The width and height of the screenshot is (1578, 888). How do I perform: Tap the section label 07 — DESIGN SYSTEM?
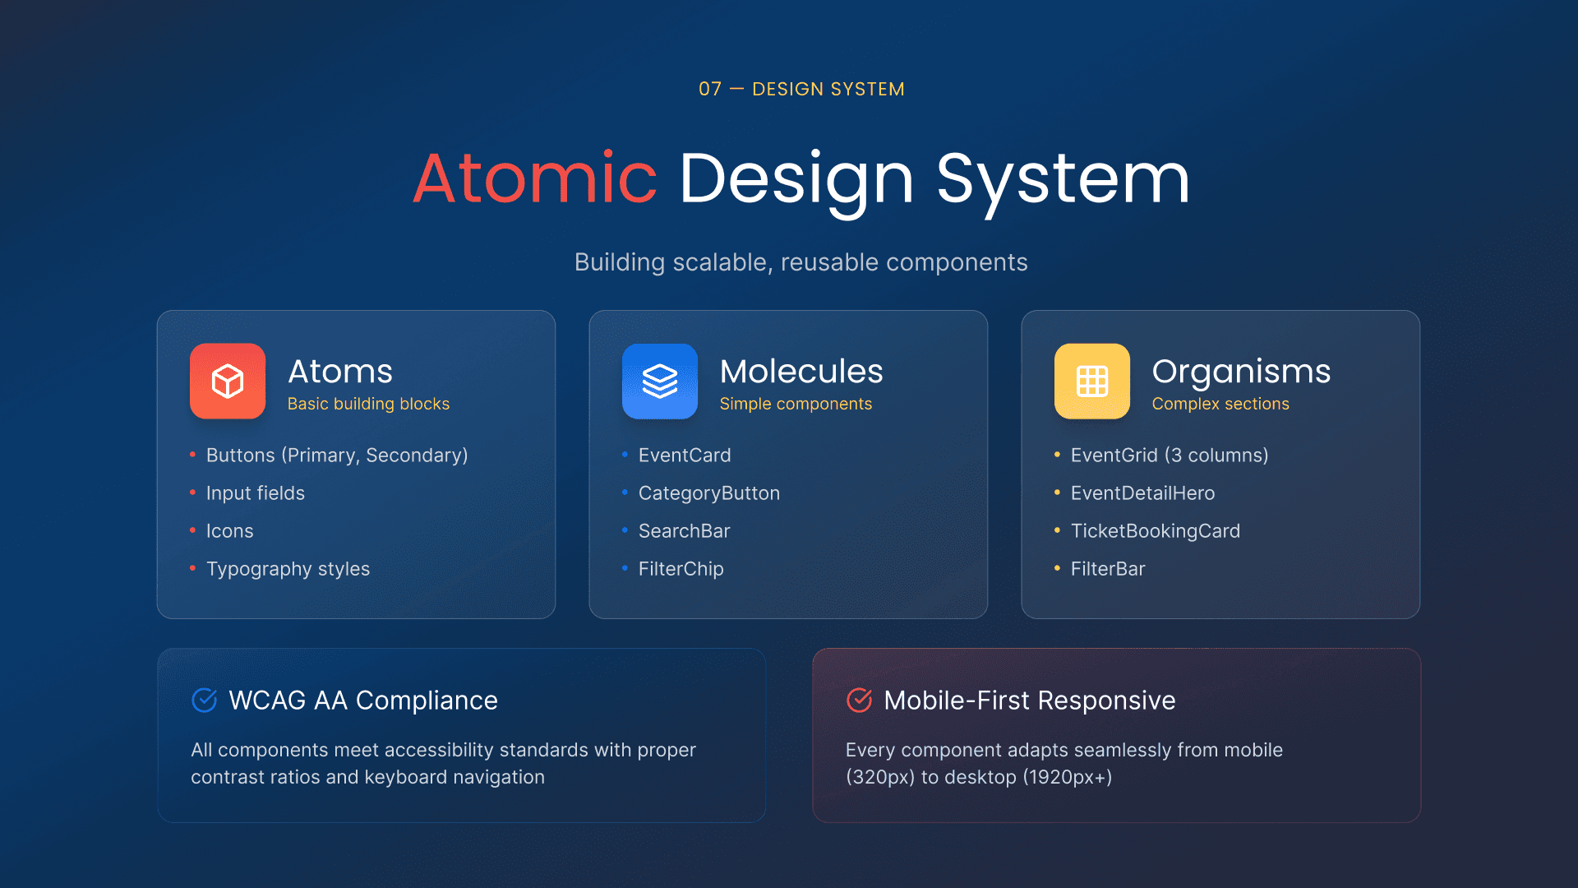[801, 89]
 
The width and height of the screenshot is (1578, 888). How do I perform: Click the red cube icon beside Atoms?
[228, 382]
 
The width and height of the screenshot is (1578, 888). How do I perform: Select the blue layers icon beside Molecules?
[660, 382]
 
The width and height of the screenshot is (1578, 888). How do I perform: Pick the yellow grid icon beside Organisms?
[1092, 382]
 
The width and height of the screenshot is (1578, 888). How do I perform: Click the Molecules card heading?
[801, 371]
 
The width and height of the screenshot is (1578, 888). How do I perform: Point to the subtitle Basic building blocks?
[368, 404]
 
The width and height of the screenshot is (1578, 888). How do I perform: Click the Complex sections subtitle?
[1220, 404]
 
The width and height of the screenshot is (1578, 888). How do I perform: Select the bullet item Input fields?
[256, 493]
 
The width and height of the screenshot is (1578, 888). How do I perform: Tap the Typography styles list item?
[288, 569]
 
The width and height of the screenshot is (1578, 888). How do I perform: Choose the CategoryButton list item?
[709, 493]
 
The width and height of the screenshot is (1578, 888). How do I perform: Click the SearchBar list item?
[685, 531]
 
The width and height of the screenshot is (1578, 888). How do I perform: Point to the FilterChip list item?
[681, 569]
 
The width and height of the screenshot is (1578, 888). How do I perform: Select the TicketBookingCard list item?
[1156, 531]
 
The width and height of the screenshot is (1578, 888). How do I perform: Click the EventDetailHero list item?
[1143, 493]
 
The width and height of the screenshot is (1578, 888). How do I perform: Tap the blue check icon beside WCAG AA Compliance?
[204, 700]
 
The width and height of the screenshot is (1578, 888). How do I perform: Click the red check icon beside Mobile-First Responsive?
[859, 700]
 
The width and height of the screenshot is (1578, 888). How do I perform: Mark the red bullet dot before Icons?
[192, 530]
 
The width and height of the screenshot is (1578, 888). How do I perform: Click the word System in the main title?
[1064, 179]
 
